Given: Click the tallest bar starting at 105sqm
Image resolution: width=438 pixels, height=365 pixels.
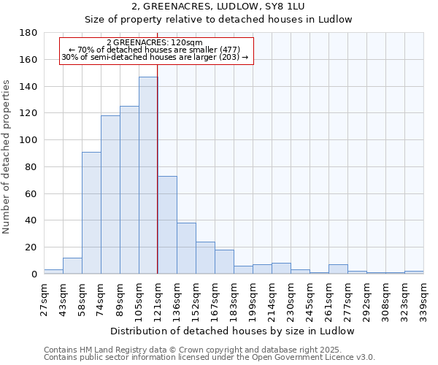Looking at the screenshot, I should pos(148,175).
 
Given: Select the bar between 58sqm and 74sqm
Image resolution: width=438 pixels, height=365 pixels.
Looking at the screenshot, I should pos(91,212).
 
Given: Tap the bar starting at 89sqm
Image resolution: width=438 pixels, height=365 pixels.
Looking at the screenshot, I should pos(129,190).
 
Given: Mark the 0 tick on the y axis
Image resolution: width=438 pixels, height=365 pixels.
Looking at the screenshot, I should pos(34,274).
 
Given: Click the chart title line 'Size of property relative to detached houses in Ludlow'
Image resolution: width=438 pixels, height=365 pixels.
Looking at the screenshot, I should pos(218,20).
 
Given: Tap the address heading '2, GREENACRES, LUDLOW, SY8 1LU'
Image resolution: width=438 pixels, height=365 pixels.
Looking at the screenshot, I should pos(218,6).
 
